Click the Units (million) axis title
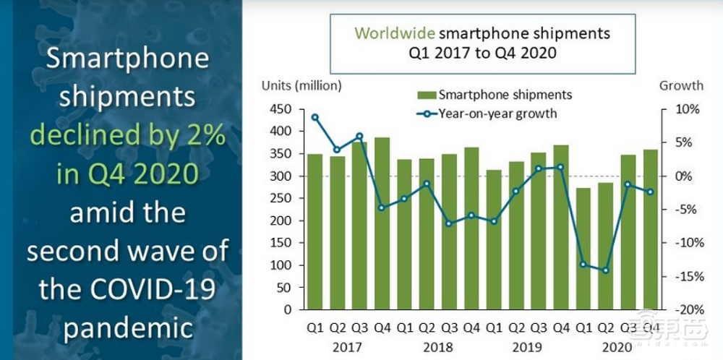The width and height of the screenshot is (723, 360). pos(301,85)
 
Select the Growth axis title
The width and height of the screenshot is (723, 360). pos(680,85)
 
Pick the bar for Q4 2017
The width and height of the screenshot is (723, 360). pos(382,223)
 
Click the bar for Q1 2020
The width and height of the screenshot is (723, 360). pos(583,249)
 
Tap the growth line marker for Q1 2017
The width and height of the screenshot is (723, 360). pos(315,117)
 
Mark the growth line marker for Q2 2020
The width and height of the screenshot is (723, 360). pos(605,270)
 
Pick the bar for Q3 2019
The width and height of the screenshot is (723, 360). pos(538,231)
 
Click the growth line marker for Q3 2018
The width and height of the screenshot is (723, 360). pos(449,223)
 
